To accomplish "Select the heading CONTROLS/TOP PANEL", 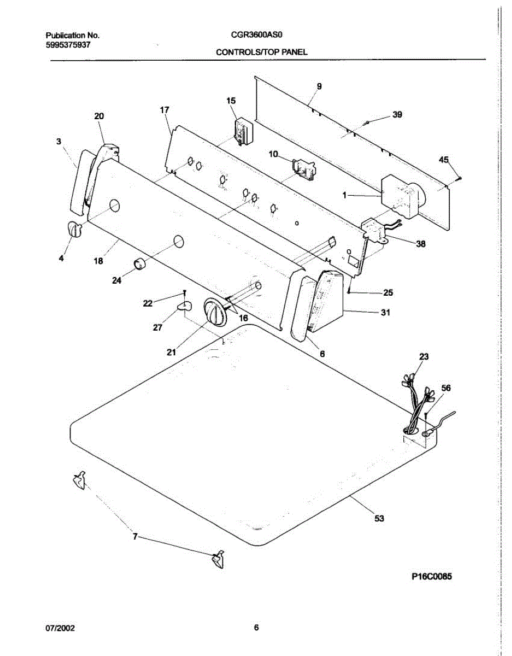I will click(262, 52).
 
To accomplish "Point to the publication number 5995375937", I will click(68, 45).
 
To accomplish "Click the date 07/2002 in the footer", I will click(60, 628).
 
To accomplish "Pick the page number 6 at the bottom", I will click(256, 628).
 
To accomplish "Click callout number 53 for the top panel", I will click(379, 518).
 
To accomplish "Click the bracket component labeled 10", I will click(304, 169).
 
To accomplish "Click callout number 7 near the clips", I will click(135, 536).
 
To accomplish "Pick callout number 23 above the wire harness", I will click(424, 356).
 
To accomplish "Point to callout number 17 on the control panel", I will click(164, 110).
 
